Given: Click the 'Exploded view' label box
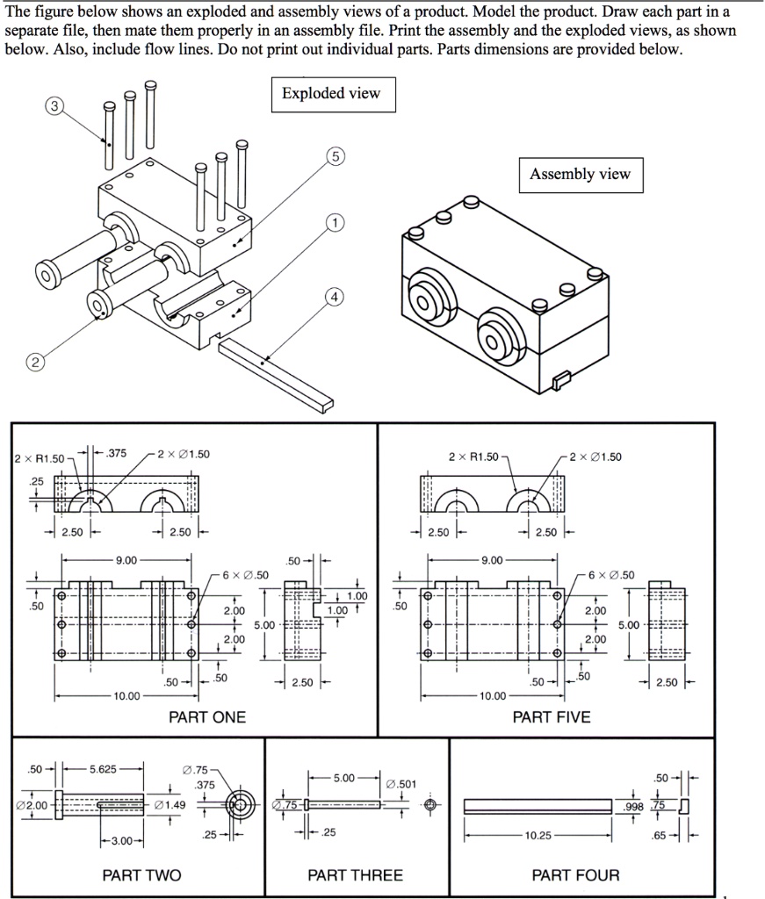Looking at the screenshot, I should click(x=331, y=94).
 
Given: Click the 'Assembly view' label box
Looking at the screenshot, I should click(x=580, y=174).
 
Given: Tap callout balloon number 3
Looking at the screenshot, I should click(x=55, y=106).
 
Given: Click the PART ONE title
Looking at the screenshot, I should click(x=207, y=717).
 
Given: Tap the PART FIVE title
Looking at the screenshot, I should click(x=552, y=717).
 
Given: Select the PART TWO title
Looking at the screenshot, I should click(x=141, y=875).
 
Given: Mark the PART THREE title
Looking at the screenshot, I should click(x=355, y=875).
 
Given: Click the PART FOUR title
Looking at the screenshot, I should click(x=575, y=875).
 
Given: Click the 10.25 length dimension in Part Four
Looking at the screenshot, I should click(x=538, y=836).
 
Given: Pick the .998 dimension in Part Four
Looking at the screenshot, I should click(x=632, y=806).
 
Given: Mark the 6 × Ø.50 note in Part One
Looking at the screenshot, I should click(x=247, y=575).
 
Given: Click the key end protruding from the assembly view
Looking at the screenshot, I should click(x=559, y=379).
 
